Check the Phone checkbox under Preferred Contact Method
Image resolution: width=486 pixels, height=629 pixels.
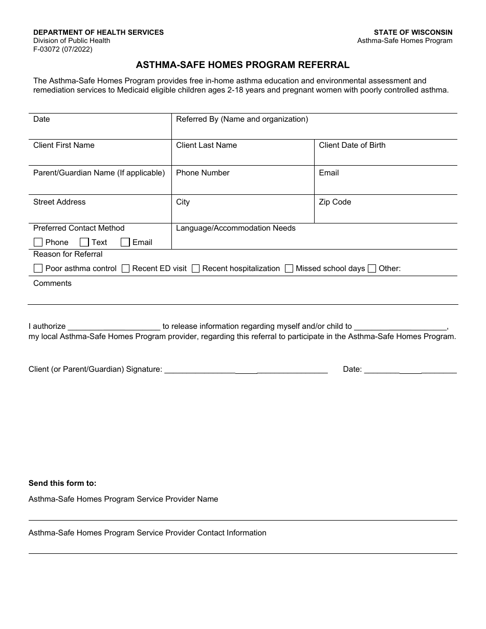tap(38, 242)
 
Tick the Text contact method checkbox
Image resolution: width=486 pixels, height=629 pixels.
tap(84, 242)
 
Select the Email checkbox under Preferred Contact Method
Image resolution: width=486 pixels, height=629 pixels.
tap(125, 242)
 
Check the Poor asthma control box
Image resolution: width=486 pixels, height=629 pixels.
tap(38, 268)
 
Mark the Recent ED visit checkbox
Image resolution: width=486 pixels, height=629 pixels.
tap(125, 268)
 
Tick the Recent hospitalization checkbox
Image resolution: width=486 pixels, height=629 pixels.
tap(195, 268)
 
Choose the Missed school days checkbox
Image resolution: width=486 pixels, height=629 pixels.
tap(289, 268)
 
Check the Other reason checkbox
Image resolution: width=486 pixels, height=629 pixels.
tap(372, 268)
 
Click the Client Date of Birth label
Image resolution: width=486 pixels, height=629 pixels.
tap(352, 145)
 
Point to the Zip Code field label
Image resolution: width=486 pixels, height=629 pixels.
tap(335, 202)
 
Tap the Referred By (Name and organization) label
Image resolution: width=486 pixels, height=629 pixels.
tap(242, 119)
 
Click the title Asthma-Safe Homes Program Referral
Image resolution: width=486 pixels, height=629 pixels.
tap(242, 65)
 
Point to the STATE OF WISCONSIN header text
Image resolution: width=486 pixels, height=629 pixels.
tap(413, 32)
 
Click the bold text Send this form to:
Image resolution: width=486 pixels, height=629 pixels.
tap(62, 483)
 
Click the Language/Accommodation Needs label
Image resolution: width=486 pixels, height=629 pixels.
tap(236, 228)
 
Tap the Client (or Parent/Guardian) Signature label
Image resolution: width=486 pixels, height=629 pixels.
tap(95, 369)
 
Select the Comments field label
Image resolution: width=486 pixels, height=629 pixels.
tap(52, 283)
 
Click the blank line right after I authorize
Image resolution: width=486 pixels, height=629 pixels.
tap(114, 327)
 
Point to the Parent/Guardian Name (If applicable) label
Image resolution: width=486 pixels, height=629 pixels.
tap(99, 173)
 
